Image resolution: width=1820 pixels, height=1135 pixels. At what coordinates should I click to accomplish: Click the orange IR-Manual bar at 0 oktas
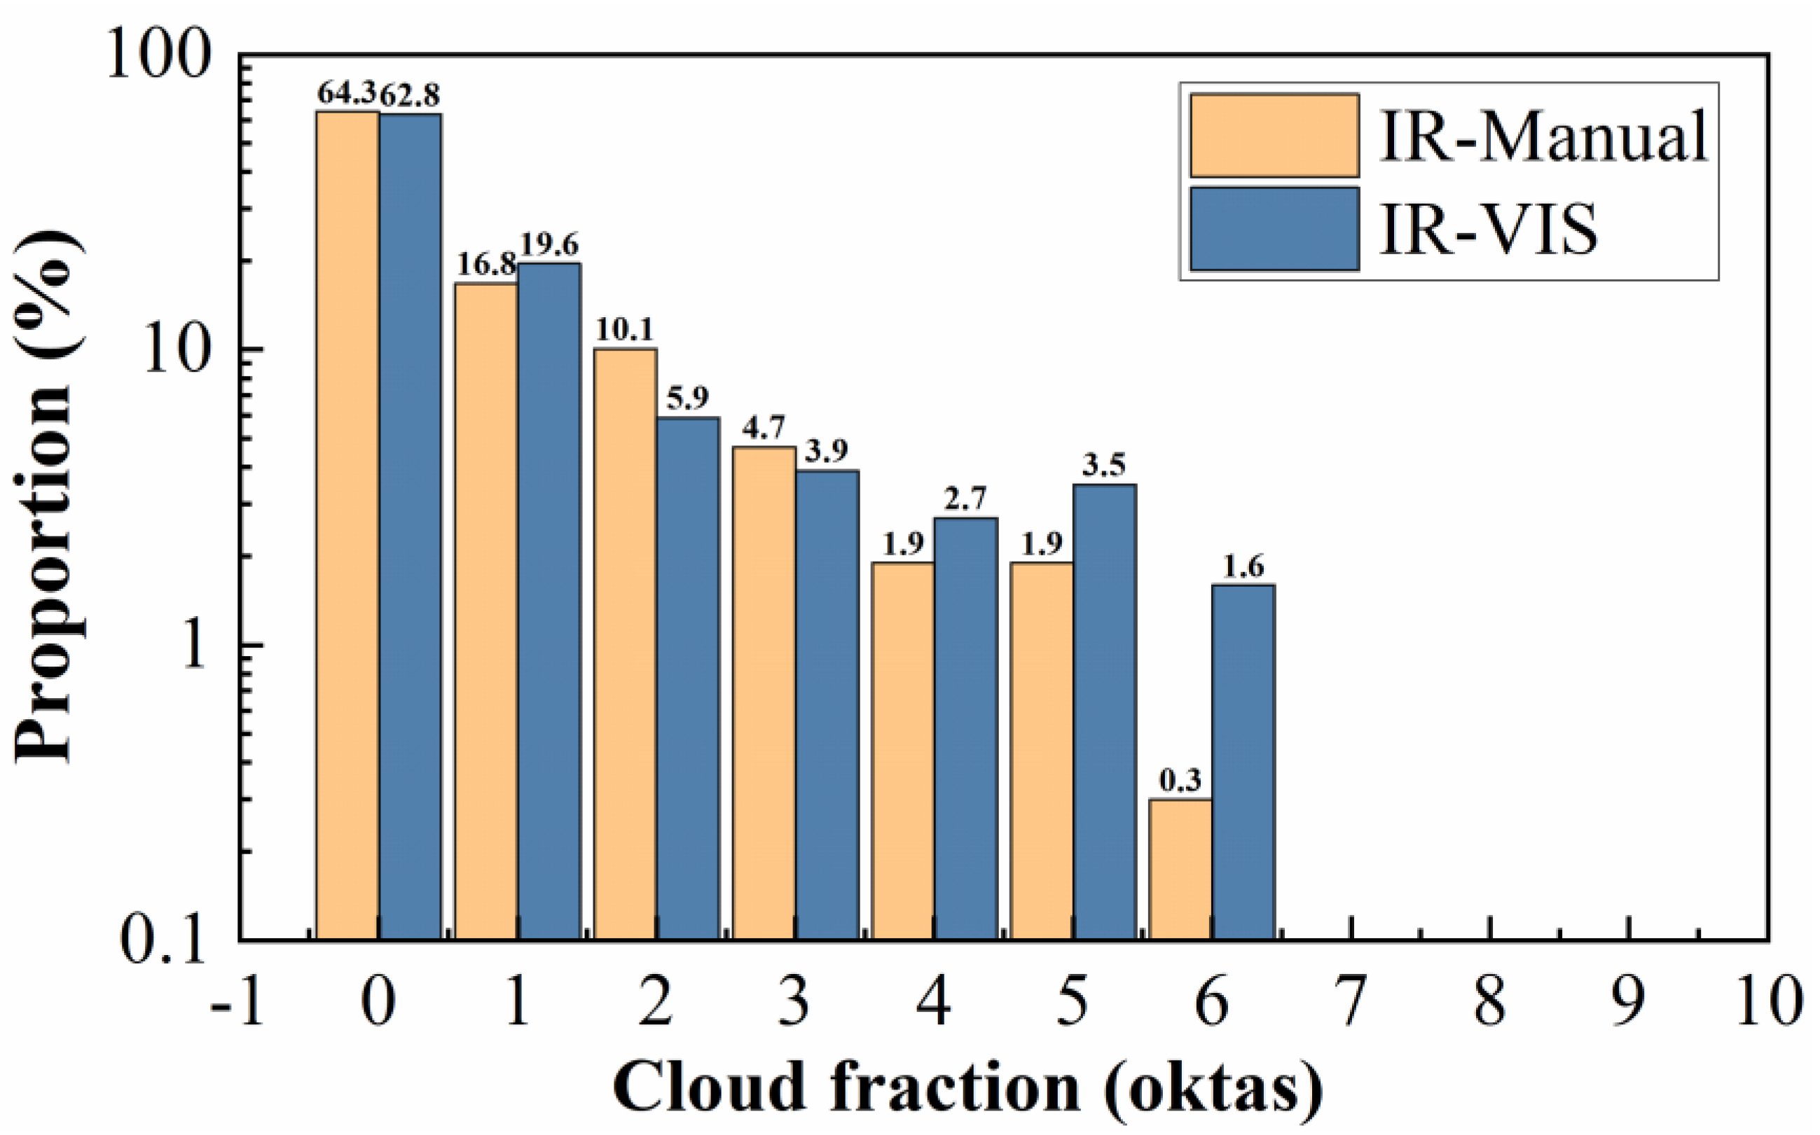click(347, 525)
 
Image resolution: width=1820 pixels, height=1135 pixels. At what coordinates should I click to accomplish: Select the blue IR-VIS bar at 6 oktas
click(1243, 762)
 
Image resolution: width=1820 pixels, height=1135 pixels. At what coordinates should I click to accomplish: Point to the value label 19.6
click(548, 247)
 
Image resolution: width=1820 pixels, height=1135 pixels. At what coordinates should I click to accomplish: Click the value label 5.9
click(687, 399)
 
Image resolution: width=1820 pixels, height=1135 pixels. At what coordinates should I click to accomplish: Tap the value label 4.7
click(763, 429)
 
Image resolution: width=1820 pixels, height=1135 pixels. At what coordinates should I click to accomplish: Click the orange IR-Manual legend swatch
click(1274, 135)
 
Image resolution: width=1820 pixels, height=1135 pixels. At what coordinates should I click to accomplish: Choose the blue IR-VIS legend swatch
click(1274, 228)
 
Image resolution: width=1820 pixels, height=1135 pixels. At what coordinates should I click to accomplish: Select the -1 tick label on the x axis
click(237, 1002)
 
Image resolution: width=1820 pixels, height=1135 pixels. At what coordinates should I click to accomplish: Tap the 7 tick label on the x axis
click(1350, 1002)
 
